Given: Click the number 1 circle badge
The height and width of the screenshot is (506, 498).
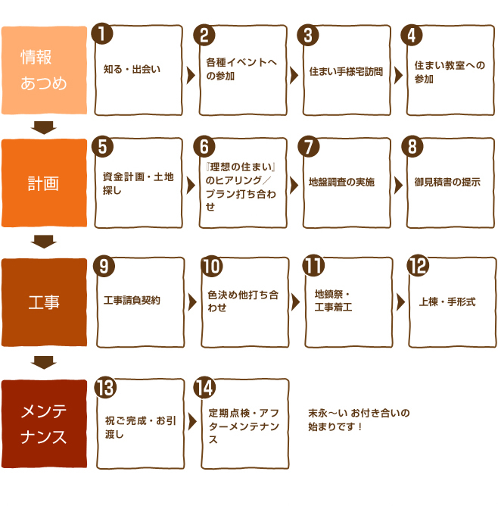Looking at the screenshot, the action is (102, 34).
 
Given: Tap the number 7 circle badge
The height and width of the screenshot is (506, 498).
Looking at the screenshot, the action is (309, 146).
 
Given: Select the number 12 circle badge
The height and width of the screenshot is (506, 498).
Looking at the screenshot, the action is (418, 265).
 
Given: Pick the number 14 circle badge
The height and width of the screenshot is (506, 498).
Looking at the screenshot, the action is (204, 387).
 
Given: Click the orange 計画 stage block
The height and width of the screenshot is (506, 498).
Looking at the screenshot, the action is (44, 183).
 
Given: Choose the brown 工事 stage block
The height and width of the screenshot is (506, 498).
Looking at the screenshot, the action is (44, 302).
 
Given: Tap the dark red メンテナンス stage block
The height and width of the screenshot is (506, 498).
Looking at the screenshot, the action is (44, 423).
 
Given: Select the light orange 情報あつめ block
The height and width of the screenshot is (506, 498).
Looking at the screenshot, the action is (44, 70).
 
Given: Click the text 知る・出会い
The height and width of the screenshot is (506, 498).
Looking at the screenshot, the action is (132, 69).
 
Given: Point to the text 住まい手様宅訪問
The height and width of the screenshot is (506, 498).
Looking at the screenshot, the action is (346, 71).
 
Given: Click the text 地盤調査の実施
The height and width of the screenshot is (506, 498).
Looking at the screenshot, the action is (341, 182).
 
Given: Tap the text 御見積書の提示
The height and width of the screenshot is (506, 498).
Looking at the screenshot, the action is (447, 182).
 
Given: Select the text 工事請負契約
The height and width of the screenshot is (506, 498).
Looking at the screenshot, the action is (132, 300).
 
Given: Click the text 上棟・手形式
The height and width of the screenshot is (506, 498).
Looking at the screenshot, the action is (447, 301).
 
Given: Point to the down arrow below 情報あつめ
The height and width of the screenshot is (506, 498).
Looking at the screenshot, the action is (44, 127).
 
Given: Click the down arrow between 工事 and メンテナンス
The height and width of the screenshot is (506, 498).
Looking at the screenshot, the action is (44, 363).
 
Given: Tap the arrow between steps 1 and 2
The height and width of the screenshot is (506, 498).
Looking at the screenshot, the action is (191, 75).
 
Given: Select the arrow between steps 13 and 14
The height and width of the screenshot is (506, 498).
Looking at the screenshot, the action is (192, 421).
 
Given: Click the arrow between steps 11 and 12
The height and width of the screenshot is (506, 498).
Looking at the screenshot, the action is (400, 302).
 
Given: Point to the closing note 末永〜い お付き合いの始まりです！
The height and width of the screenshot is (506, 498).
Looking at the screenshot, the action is (359, 420).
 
